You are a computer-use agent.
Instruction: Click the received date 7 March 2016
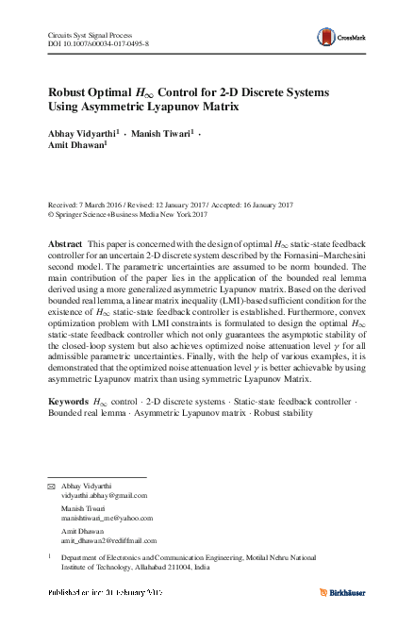click(x=103, y=205)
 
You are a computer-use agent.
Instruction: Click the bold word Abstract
click(x=66, y=243)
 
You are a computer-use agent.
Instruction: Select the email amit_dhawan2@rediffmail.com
click(x=109, y=540)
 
